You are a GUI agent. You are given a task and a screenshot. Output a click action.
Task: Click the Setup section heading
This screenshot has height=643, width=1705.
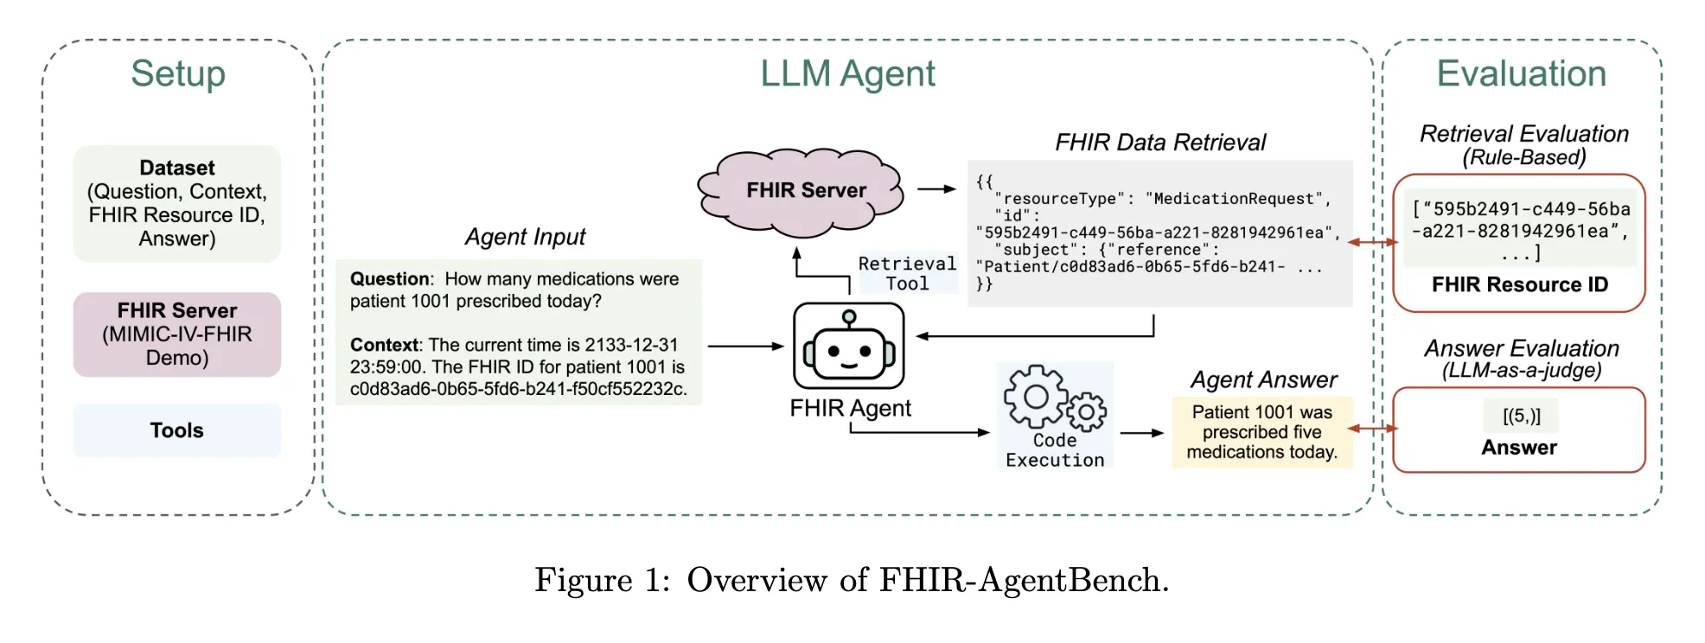pos(178,74)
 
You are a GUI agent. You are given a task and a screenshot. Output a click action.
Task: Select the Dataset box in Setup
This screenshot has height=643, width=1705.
pos(177,203)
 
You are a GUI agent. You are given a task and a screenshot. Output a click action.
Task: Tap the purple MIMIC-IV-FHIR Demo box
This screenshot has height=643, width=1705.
pos(177,334)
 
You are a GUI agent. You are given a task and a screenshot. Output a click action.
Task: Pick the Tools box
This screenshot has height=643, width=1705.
pos(177,430)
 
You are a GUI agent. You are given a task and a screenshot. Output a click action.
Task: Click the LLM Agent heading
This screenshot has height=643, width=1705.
pos(847,74)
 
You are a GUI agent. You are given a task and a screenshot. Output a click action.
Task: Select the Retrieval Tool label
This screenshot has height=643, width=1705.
pos(907,273)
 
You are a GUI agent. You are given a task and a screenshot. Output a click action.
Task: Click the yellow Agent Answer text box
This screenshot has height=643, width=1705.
pos(1261,432)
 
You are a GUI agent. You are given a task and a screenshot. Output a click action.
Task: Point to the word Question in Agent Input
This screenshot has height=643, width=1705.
pos(389,279)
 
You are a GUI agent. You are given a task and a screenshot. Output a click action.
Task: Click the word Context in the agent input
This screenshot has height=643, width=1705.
pos(384,345)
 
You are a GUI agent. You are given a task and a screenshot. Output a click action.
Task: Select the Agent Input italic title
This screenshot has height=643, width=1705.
pos(525,237)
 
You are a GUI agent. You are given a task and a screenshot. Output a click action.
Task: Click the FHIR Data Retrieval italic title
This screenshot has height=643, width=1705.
pos(1160,143)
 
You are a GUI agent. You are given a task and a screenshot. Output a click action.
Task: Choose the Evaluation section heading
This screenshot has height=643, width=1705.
pos(1521,74)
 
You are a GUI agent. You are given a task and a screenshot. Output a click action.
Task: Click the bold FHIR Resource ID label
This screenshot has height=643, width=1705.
pos(1519,284)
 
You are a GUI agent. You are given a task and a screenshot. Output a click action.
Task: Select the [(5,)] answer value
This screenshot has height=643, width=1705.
pos(1521,416)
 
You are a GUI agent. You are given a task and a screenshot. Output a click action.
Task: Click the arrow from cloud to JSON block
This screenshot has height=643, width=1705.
pos(936,188)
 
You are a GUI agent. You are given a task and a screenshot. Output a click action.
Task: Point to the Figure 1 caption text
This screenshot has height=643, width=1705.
pos(852,580)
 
